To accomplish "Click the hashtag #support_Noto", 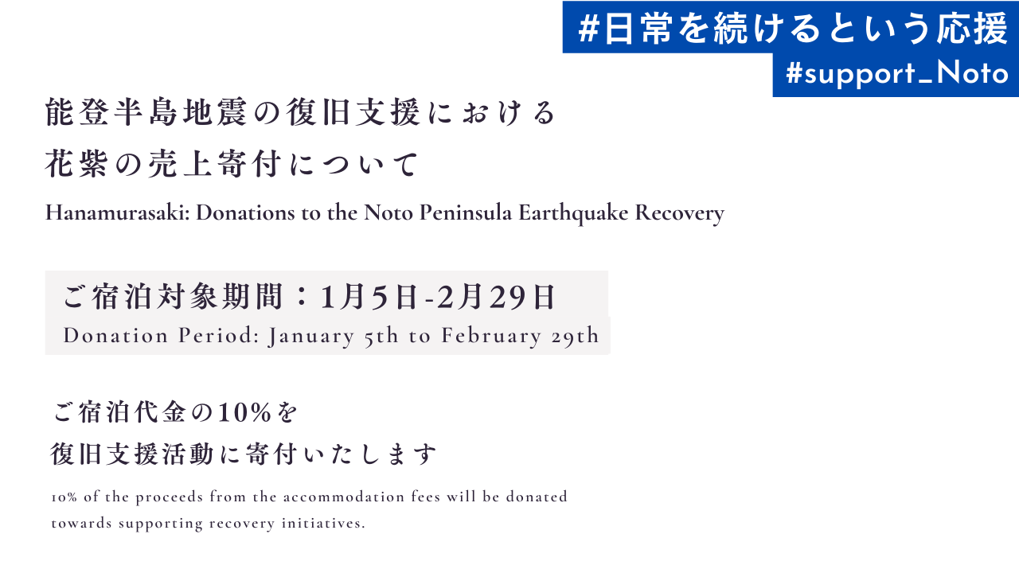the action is click(x=897, y=74).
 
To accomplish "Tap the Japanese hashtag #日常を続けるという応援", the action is click(x=793, y=28).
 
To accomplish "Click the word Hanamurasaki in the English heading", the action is click(x=117, y=212).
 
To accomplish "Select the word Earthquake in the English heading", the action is click(x=573, y=213).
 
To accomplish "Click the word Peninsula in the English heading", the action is click(x=466, y=212).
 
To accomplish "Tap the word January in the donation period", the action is click(x=311, y=337).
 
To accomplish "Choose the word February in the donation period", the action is click(x=491, y=337).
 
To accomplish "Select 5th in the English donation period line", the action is click(x=381, y=336).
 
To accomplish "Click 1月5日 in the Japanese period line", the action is click(x=369, y=298).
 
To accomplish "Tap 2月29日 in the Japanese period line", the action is click(x=496, y=298).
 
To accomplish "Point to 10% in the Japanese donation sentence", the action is click(x=244, y=413).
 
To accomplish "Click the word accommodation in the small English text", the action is click(x=344, y=497).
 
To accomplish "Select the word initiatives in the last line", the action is click(x=323, y=523).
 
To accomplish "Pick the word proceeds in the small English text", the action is click(x=170, y=497).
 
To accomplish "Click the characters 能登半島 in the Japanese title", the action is click(x=111, y=112).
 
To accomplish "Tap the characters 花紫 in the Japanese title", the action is click(x=77, y=164).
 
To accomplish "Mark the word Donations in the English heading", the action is click(x=245, y=212).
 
